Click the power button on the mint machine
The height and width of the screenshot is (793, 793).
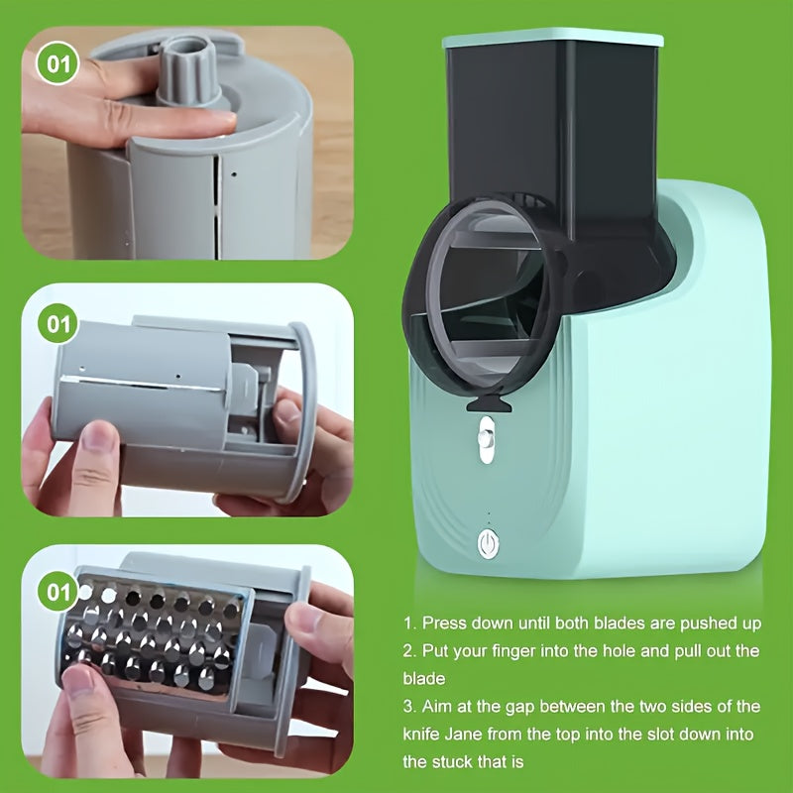(487, 542)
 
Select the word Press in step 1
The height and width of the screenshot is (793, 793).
(445, 623)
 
